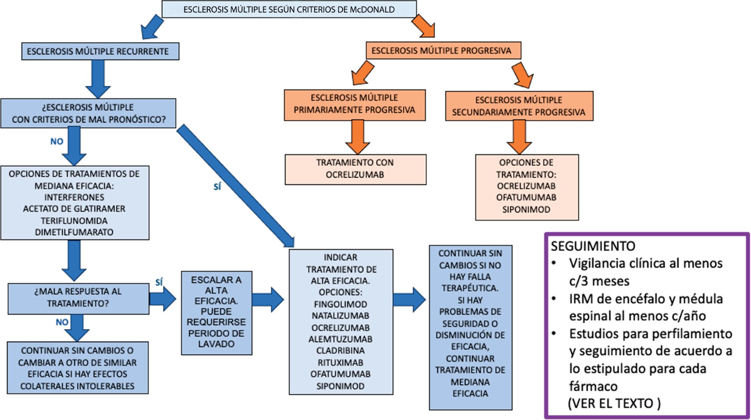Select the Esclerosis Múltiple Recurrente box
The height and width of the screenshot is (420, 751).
pos(100,51)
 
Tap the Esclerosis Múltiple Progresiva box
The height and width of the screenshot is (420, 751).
pos(443,50)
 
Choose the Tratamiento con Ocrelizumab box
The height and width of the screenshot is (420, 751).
pos(355,169)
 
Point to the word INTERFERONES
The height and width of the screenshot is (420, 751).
pos(74,197)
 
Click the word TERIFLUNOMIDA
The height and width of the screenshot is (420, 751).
pos(74,221)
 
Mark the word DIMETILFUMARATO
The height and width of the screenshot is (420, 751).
pos(74,232)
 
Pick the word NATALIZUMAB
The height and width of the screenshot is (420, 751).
pos(340,316)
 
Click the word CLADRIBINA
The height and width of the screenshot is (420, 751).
pos(340,351)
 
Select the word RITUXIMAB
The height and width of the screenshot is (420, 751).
pos(340,362)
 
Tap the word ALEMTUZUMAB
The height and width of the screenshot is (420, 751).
pos(340,339)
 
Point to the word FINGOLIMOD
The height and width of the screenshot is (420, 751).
pos(340,304)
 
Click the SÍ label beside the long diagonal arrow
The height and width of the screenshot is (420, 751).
pos(217,187)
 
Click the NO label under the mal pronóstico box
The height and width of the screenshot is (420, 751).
pos(57,141)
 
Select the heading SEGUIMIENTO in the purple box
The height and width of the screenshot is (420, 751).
pos(593,246)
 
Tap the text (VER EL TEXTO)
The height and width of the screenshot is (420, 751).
pos(614,403)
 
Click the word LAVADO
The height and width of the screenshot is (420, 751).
pos(216,344)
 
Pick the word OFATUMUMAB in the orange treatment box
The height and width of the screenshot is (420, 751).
pos(526,198)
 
